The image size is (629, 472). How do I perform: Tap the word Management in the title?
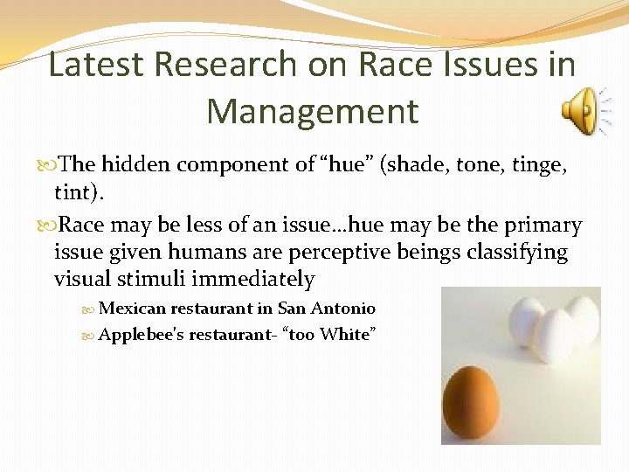pyautogui.click(x=313, y=112)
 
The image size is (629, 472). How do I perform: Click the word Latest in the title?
pyautogui.click(x=91, y=65)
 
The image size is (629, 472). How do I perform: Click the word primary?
pyautogui.click(x=543, y=226)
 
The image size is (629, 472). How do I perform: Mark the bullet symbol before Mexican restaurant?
pyautogui.click(x=91, y=309)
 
